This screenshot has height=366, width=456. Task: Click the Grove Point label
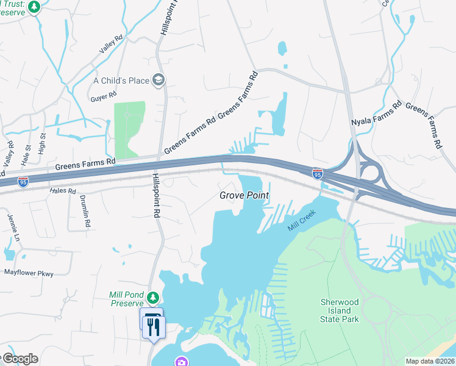tap(244, 196)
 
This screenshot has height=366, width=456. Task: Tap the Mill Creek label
tap(302, 221)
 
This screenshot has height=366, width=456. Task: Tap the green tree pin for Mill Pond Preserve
tap(155, 298)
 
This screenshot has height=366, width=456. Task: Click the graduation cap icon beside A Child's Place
tap(159, 80)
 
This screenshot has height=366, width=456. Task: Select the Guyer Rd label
tap(103, 96)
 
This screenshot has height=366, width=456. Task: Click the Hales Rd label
tap(63, 191)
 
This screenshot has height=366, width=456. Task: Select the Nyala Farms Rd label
tap(376, 114)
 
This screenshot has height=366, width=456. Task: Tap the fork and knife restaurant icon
tap(154, 327)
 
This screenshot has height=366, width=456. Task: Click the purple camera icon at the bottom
tap(180, 362)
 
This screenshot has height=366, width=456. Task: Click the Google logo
tap(20, 359)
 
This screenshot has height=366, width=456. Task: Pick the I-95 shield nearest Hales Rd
tap(23, 182)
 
